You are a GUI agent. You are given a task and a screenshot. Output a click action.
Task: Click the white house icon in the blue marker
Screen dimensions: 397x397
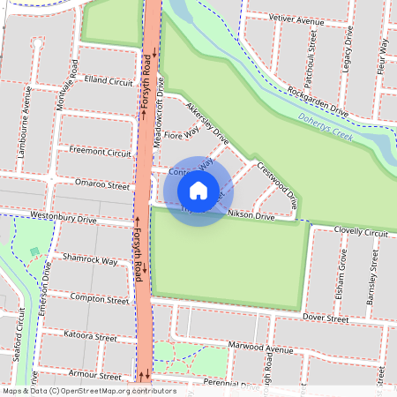(x=198, y=190)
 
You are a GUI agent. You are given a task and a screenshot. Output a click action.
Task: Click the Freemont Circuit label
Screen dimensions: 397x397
(x=100, y=152)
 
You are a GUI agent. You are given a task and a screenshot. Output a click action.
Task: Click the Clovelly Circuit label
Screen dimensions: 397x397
(x=362, y=233)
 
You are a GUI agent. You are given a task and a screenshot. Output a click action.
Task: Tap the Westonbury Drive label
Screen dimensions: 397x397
(x=63, y=217)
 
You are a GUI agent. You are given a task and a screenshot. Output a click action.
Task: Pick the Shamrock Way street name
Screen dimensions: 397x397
(x=90, y=260)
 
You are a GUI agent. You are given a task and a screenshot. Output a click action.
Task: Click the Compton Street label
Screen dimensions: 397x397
(x=99, y=299)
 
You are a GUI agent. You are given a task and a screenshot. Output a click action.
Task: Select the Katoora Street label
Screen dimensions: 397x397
(x=91, y=337)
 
